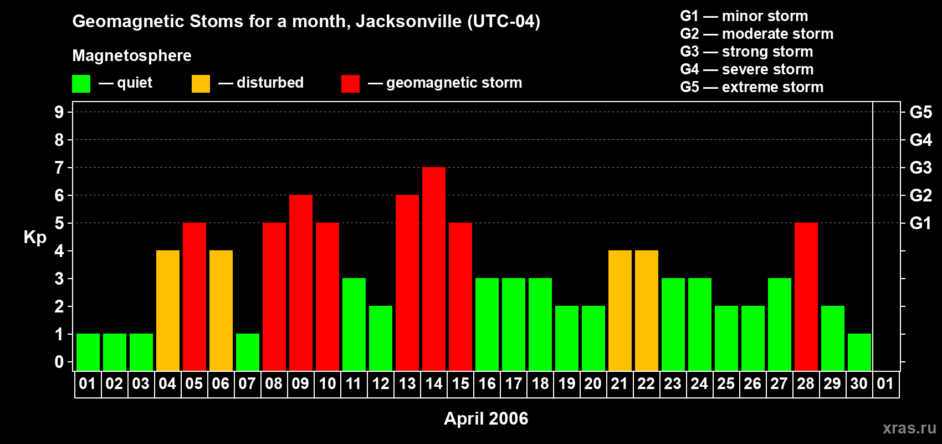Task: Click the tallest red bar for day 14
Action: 433,269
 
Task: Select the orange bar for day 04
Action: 168,310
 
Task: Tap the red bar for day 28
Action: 806,296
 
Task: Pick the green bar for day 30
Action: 859,352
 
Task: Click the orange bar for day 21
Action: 620,310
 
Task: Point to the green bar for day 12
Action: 381,338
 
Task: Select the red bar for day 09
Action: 301,282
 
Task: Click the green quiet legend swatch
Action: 81,83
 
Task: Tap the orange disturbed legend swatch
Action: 201,83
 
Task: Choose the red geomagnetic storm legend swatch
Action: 350,83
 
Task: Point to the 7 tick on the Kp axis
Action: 59,168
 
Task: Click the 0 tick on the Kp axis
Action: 59,362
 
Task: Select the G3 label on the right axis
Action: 920,168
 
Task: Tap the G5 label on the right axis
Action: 920,112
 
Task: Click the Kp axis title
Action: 35,238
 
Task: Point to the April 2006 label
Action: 486,418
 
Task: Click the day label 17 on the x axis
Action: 514,384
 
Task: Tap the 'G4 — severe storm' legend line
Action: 746,69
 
